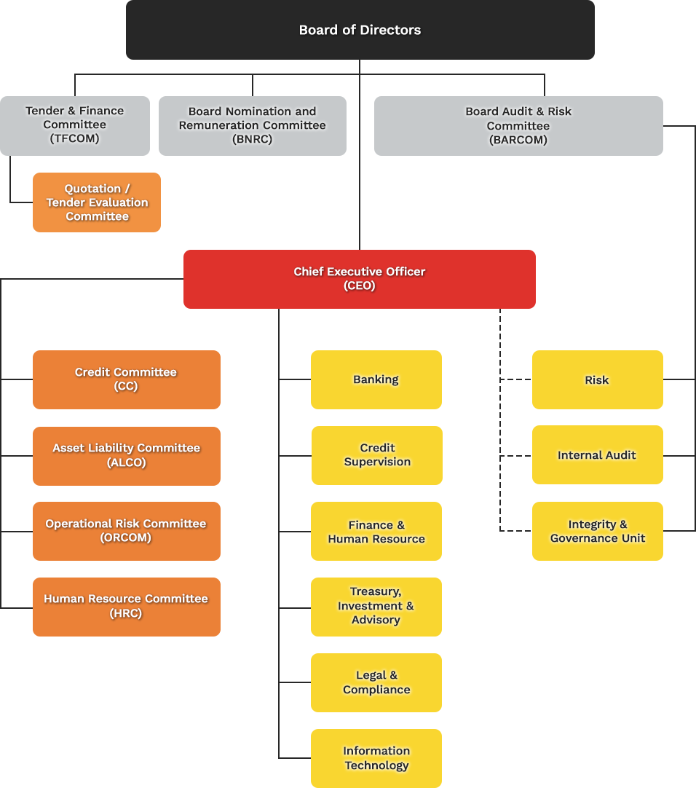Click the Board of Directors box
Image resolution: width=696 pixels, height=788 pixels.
click(360, 31)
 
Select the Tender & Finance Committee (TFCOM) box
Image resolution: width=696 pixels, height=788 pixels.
click(74, 125)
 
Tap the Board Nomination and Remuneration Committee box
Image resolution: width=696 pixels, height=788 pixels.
click(252, 125)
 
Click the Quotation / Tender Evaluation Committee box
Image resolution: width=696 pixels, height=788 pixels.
click(96, 202)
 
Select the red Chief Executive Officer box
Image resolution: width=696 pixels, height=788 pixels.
click(359, 279)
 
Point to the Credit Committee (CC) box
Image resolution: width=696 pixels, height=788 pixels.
click(125, 379)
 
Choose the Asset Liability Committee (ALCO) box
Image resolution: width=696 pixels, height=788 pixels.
click(125, 455)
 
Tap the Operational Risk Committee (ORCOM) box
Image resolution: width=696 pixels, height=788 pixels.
click(125, 531)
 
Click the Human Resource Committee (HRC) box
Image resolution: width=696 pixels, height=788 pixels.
click(125, 606)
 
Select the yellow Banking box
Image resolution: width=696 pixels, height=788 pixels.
click(376, 379)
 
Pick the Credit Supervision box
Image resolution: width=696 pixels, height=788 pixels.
click(376, 455)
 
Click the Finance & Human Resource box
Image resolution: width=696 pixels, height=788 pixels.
click(376, 532)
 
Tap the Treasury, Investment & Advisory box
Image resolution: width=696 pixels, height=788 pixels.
click(376, 606)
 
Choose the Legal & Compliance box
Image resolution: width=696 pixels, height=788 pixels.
click(376, 682)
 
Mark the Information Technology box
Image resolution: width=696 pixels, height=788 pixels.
click(376, 758)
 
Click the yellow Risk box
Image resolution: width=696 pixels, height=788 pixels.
click(596, 379)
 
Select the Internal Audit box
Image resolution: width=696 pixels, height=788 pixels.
click(596, 455)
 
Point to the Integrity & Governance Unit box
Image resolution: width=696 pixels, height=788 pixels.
click(597, 531)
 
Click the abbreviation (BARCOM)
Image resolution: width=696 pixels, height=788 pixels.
click(518, 140)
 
